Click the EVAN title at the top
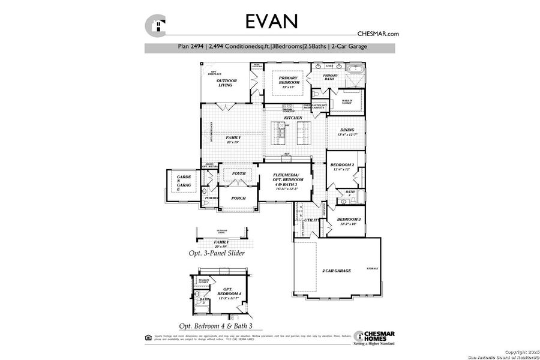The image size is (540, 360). [x=271, y=20]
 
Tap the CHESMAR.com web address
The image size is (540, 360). [x=378, y=34]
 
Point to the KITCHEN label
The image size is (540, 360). [x=293, y=118]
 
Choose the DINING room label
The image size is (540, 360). [x=347, y=131]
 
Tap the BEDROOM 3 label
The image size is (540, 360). [x=348, y=221]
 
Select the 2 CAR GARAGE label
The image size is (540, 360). [x=336, y=271]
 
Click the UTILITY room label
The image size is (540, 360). [x=311, y=220]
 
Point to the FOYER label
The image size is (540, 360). [x=239, y=173]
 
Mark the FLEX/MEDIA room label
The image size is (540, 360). [x=285, y=178]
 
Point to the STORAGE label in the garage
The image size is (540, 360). [x=372, y=268]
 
